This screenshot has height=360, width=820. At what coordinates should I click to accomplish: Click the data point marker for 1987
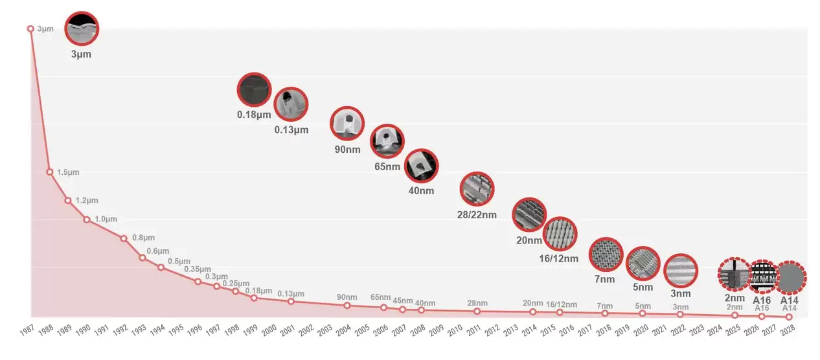point(30,28)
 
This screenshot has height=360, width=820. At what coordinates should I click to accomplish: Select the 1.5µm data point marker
point(49,172)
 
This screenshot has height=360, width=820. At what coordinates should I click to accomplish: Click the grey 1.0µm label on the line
point(106,219)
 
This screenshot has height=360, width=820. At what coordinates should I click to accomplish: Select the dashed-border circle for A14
point(790,277)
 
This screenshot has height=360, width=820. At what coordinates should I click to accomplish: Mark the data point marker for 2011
point(477,311)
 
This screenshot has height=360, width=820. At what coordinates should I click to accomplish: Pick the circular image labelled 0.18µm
point(254,90)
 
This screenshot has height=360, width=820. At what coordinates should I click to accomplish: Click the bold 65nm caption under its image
point(387,166)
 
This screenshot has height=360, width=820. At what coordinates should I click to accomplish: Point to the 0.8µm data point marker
point(124,238)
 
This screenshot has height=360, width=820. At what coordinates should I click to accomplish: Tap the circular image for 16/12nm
point(559,234)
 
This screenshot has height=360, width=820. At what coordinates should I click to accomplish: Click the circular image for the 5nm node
point(643,264)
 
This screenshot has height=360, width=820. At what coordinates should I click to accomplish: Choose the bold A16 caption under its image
point(761,300)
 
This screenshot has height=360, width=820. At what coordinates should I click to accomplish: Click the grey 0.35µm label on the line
point(197,269)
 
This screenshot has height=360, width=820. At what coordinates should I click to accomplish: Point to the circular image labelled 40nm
point(422,166)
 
